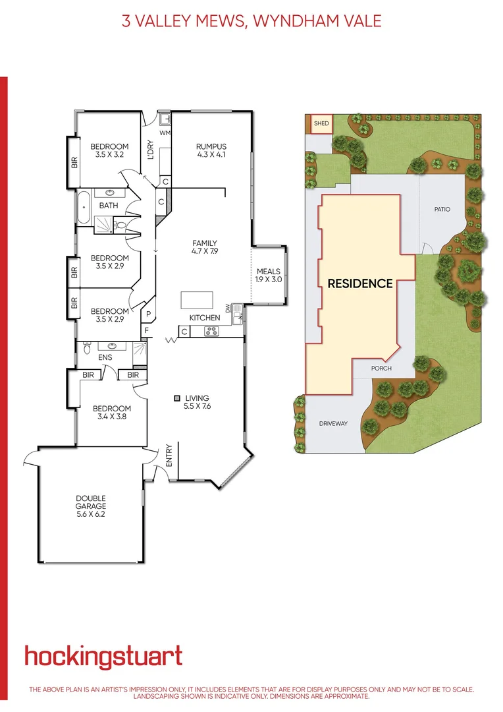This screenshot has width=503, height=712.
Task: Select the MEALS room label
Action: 268,271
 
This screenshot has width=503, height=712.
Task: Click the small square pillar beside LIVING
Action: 177,398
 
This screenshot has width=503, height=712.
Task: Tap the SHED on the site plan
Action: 321,123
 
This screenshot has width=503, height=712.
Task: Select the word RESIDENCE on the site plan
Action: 360,283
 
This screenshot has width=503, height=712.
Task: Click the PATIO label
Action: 442,209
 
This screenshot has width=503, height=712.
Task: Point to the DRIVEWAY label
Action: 332,423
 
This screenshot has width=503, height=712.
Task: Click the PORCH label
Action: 381,368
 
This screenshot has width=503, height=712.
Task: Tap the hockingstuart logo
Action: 103,657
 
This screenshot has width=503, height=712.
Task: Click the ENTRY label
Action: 169,456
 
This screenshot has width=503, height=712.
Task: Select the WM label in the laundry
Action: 165,133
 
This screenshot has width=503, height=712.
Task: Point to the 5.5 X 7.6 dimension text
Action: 197,407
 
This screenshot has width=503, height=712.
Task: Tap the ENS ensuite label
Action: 105,357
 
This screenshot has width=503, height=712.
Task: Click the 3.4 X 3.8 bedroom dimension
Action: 110,417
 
